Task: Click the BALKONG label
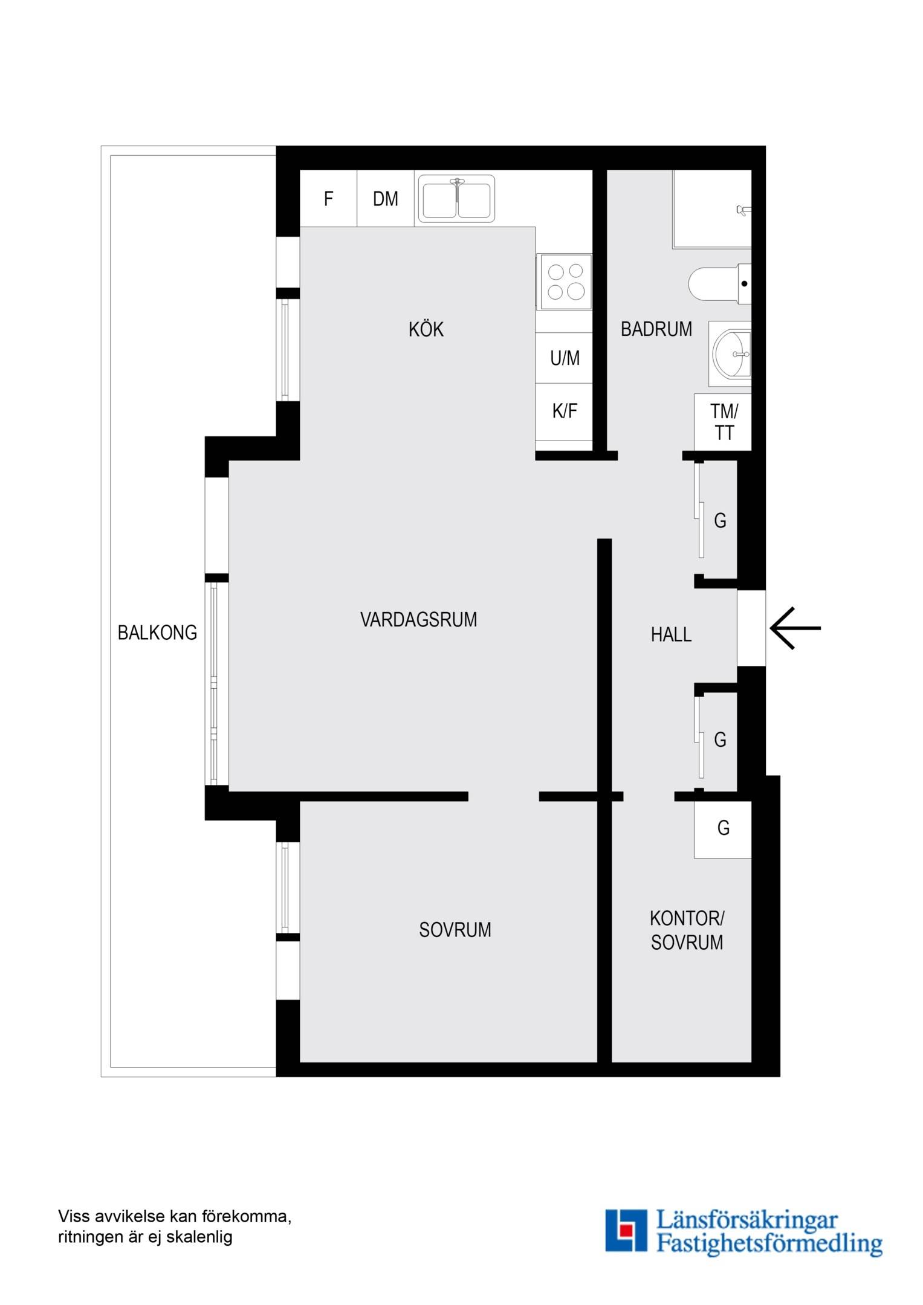pos(157,633)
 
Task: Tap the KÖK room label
pos(426,329)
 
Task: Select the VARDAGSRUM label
pos(418,619)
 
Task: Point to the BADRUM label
pos(656,329)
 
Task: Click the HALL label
pos(671,634)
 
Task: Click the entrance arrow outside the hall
pos(795,628)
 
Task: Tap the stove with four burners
pos(565,282)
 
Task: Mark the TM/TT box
pos(723,422)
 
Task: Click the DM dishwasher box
pos(386,198)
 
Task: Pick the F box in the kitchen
pos(328,198)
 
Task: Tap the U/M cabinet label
pos(565,358)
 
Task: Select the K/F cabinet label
pos(565,411)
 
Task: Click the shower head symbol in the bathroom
pos(743,210)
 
